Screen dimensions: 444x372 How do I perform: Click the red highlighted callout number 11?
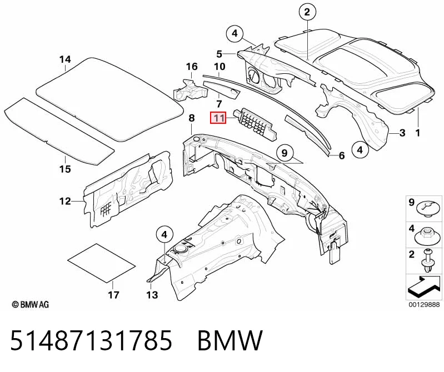pyautogui.click(x=218, y=118)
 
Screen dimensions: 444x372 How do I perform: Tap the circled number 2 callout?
pyautogui.click(x=307, y=12)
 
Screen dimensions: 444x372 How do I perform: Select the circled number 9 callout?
pyautogui.click(x=285, y=153)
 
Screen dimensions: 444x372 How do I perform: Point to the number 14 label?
pyautogui.click(x=65, y=59)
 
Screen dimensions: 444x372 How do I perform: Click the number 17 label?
pyautogui.click(x=113, y=295)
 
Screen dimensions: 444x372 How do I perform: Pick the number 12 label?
pyautogui.click(x=65, y=201)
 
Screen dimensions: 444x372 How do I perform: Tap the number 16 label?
pyautogui.click(x=192, y=67)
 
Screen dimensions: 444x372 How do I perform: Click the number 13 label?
pyautogui.click(x=152, y=295)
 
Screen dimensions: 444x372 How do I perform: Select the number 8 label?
pyautogui.click(x=192, y=118)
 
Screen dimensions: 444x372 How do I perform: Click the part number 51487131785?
pyautogui.click(x=91, y=340)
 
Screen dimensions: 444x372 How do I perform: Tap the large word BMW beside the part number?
pyautogui.click(x=230, y=340)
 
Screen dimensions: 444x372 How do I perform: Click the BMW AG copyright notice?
pyautogui.click(x=31, y=305)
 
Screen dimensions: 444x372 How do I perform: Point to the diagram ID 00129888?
pyautogui.click(x=424, y=305)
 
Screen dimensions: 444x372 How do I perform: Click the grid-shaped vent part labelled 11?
pyautogui.click(x=255, y=124)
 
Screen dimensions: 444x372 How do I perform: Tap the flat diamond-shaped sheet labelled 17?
pyautogui.click(x=101, y=263)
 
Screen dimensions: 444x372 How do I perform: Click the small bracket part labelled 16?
pyautogui.click(x=189, y=91)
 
